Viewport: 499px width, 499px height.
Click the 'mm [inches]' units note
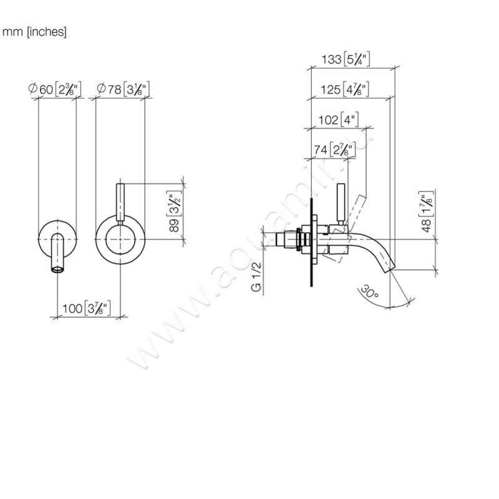pos(35,32)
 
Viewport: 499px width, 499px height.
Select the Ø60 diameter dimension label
pos(56,89)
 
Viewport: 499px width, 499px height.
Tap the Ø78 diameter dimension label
pos(124,89)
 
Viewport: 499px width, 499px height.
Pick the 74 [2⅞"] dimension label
pos(334,149)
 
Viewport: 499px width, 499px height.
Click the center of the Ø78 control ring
pos(120,240)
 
